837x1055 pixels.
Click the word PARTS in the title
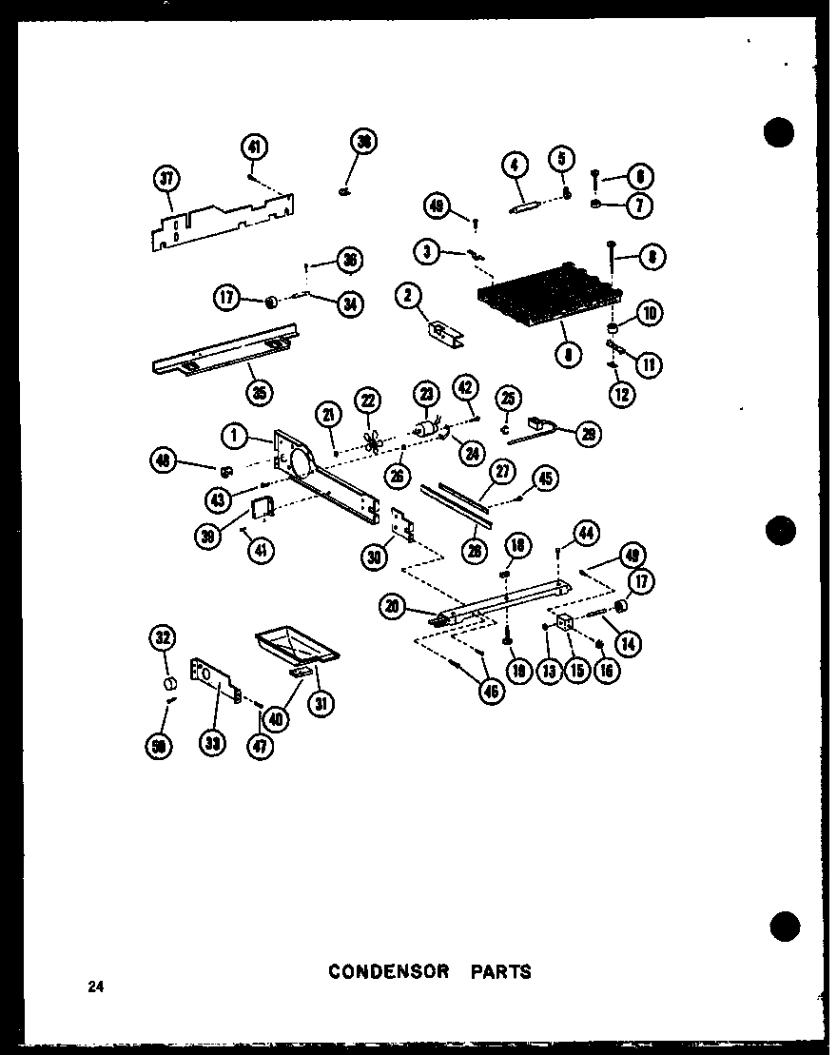coord(499,971)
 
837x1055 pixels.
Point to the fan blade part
coord(368,440)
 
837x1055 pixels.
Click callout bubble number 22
coord(366,401)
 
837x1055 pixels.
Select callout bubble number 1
coord(232,436)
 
